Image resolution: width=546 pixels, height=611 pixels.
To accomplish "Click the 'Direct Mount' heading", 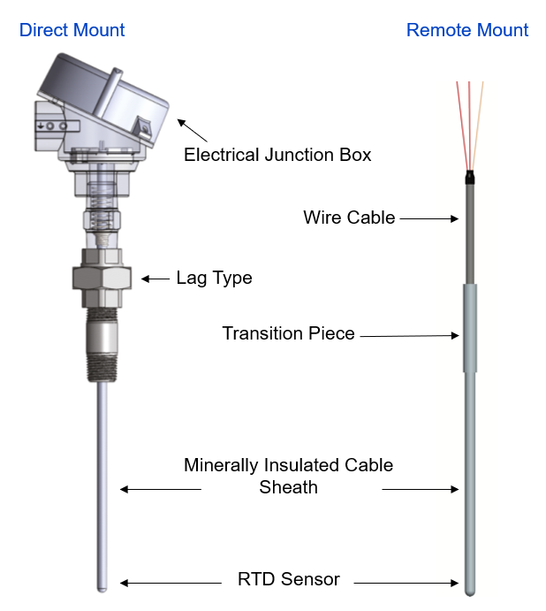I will pos(72,30).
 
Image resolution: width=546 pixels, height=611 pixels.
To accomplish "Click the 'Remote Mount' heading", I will pos(467,30).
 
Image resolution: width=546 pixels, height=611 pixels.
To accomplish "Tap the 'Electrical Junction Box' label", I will pos(277,155).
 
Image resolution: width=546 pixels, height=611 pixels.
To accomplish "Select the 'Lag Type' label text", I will pos(214,278).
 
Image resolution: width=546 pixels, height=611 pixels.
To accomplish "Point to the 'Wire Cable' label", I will pos(349,217).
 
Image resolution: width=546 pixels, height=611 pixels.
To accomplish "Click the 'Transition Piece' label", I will pos(288,333).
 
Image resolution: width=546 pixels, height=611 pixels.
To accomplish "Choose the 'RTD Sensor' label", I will pos(288,580).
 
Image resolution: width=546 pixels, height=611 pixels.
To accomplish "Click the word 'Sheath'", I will pos(288,486).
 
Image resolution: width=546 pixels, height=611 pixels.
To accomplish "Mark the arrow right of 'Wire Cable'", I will pos(429,218).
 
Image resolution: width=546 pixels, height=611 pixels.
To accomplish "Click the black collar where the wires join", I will pos(470,179).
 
